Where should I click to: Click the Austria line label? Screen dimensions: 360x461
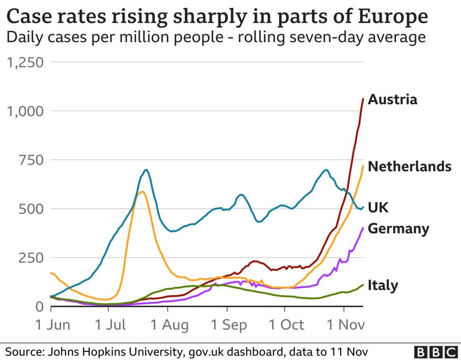(393, 100)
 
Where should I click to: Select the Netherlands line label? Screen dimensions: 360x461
(410, 166)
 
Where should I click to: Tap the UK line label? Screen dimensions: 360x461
(378, 207)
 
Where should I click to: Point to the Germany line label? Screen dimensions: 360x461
(398, 229)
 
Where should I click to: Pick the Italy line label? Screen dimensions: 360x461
(383, 285)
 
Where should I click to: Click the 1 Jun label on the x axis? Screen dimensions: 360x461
(53, 325)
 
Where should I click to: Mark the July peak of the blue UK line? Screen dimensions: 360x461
(146, 170)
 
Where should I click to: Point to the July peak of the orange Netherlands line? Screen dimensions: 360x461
(142, 191)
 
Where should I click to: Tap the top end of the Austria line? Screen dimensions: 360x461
(363, 99)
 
